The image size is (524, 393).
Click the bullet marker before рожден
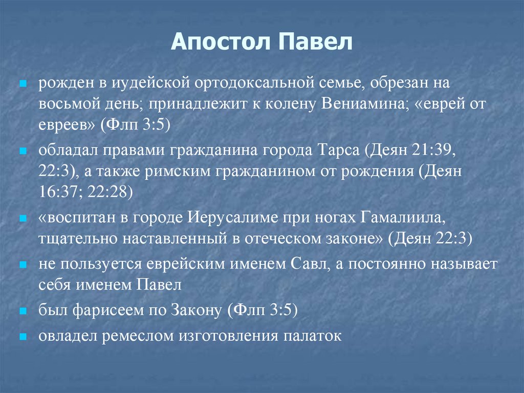click(x=23, y=83)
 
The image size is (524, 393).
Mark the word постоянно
click(x=385, y=264)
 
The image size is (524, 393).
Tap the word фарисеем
click(x=103, y=311)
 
